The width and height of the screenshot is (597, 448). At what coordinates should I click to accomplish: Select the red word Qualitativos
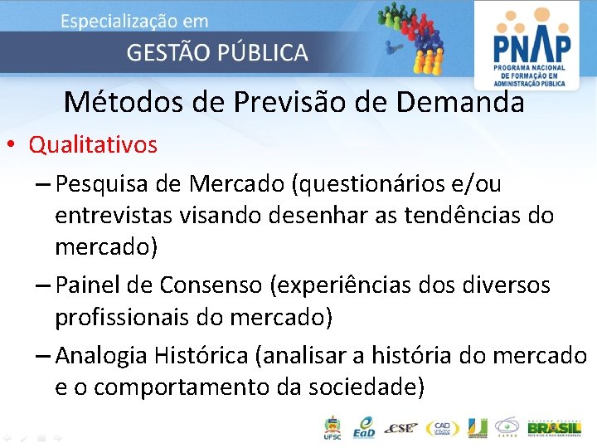coord(93,145)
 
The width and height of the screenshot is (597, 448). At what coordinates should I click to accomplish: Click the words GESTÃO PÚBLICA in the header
coord(217,53)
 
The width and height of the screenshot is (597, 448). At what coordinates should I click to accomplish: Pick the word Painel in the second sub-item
coord(89,285)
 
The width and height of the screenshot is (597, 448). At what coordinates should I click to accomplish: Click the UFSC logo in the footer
coord(332,427)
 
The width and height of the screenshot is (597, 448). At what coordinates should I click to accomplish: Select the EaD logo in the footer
coord(362,428)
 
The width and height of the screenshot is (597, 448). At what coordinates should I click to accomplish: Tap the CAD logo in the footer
coord(442,428)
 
